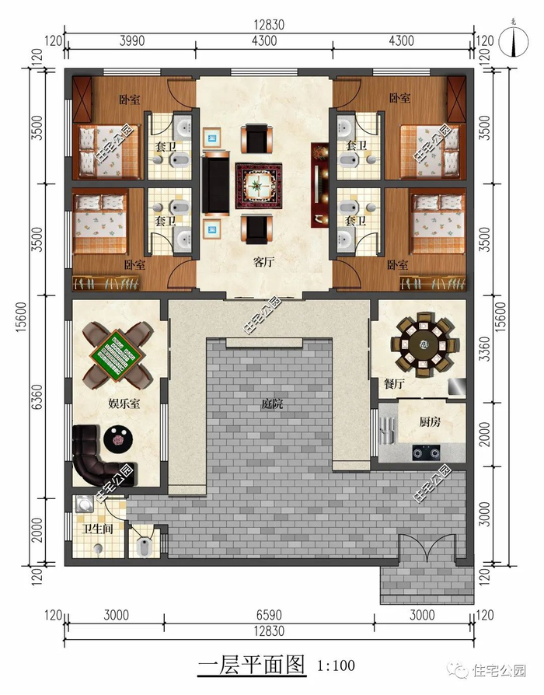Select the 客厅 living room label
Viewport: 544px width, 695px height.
point(264,262)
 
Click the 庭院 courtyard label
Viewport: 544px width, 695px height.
point(272,403)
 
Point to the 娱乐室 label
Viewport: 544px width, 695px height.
point(124,403)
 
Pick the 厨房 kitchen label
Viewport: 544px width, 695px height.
point(430,421)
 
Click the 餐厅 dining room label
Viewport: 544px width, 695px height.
point(394,383)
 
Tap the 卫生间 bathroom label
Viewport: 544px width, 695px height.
point(99,529)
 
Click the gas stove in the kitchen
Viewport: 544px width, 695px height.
point(426,452)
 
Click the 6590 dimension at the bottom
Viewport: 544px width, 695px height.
point(269,616)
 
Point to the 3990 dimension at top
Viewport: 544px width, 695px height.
point(131,40)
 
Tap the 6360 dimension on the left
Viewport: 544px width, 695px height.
point(38,396)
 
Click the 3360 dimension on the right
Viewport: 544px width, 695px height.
point(486,349)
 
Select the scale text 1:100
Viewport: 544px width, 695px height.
point(337,665)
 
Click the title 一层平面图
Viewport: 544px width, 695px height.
point(252,665)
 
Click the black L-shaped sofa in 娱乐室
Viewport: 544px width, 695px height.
point(101,456)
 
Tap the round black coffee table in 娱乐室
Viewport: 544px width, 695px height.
point(118,438)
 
